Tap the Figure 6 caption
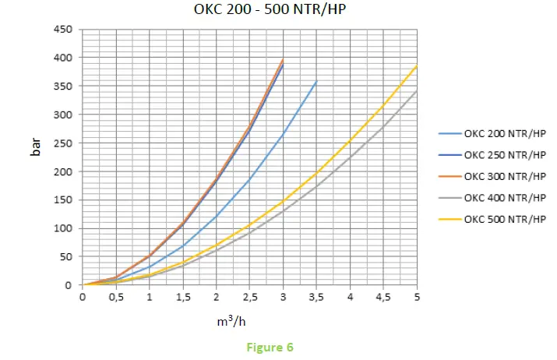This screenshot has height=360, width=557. coord(269,348)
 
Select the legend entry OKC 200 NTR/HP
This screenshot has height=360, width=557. coord(505,134)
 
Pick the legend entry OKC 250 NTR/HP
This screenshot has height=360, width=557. coord(505,155)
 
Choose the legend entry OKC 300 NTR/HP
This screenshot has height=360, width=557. coord(505,176)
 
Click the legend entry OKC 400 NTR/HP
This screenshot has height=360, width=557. coord(505,197)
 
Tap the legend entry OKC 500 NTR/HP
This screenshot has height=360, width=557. coord(505,218)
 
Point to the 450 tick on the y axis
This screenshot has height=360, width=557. coord(63,30)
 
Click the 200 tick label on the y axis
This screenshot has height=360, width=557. coord(63,171)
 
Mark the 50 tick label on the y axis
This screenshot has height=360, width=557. coord(66,257)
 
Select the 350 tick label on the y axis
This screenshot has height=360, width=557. coord(63,86)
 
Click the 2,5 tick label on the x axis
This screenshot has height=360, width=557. coord(249,297)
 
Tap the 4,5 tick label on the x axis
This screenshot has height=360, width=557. coord(383,297)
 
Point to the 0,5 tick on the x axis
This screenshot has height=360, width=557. coord(115,297)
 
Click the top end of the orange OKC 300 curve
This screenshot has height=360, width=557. coord(283,59)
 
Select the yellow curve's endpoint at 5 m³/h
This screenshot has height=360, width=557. coord(417,65)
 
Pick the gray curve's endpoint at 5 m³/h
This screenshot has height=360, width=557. coord(417,91)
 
